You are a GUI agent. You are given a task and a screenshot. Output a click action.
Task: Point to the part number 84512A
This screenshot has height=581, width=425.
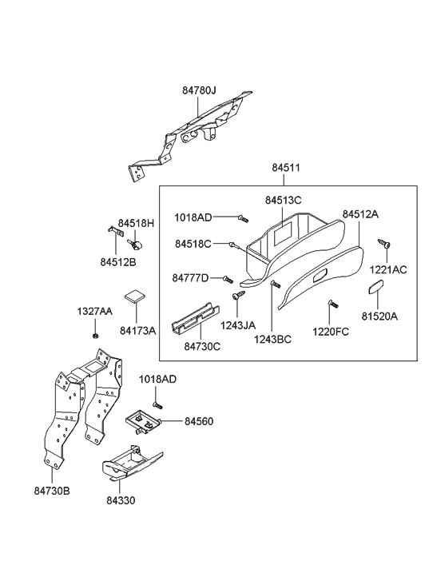tap(360, 214)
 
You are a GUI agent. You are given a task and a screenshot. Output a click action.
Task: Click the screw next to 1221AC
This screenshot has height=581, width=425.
tap(384, 242)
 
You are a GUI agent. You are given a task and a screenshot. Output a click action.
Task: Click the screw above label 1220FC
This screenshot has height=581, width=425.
tap(329, 305)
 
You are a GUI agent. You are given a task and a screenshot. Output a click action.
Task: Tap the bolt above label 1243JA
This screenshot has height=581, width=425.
tap(237, 296)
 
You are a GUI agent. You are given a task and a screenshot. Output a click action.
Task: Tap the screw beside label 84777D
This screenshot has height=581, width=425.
tap(228, 279)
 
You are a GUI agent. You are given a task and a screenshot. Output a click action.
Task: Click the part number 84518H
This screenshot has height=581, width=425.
tap(136, 223)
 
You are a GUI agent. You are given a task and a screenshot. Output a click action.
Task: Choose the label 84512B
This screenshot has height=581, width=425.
tap(117, 261)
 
